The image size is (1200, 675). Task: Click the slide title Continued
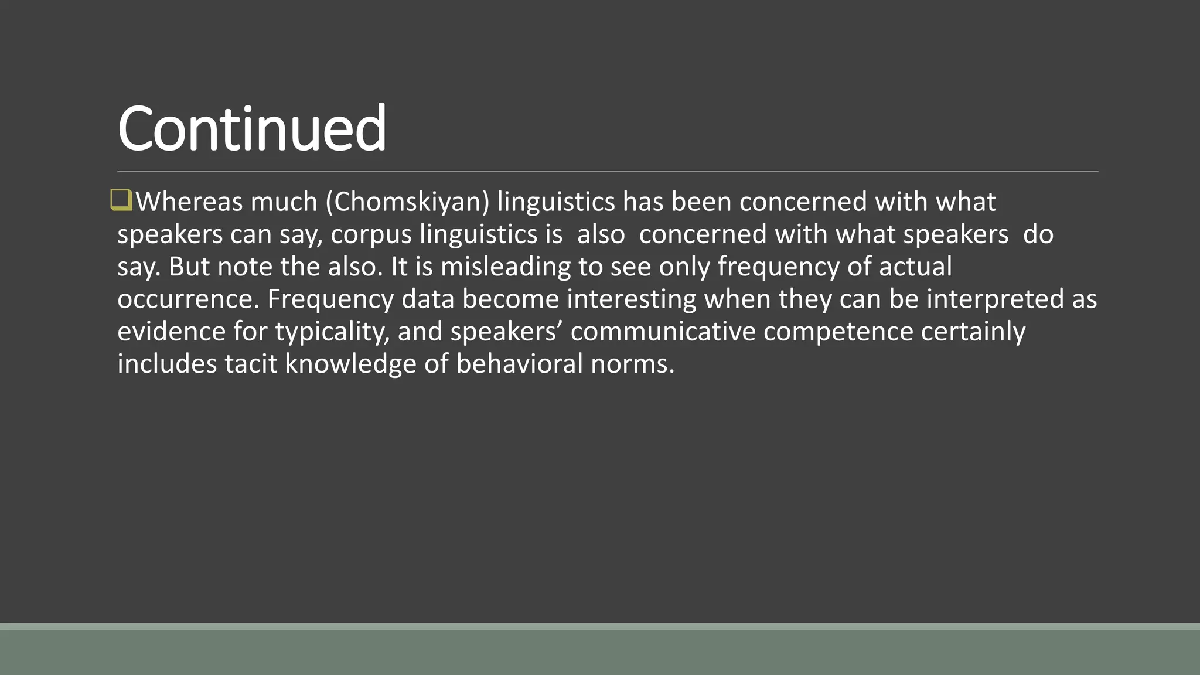click(252, 128)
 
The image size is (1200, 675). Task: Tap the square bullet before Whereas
click(121, 200)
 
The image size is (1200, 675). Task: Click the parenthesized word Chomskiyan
click(408, 202)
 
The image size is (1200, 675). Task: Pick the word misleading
click(505, 267)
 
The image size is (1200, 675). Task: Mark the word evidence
click(171, 332)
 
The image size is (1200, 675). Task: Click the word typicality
click(332, 332)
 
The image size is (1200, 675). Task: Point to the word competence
click(838, 332)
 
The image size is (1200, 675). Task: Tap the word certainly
click(973, 332)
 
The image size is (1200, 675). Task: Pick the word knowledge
click(351, 364)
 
